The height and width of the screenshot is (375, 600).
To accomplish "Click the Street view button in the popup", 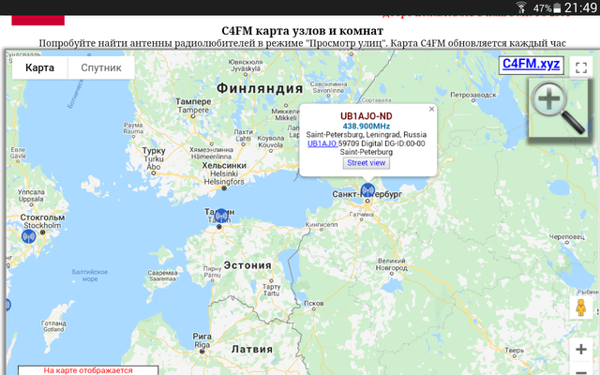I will tap(367, 162).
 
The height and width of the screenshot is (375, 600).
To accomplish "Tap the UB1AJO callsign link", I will tap(322, 143).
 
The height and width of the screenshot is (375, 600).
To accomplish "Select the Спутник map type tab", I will tap(101, 68).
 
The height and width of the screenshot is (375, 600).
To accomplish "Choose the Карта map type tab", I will tap(39, 68).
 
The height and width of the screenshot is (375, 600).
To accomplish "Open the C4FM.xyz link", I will tap(531, 64).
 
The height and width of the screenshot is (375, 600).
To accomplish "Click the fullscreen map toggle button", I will tap(579, 67).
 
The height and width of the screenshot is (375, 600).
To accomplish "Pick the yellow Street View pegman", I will tap(580, 307).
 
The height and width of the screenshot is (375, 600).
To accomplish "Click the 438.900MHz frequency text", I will tap(366, 125).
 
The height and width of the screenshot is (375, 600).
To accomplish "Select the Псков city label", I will tap(315, 304).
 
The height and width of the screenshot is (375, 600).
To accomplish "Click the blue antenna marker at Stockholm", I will tap(29, 235).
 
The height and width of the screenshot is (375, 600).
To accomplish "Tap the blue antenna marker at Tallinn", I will tap(220, 216).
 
